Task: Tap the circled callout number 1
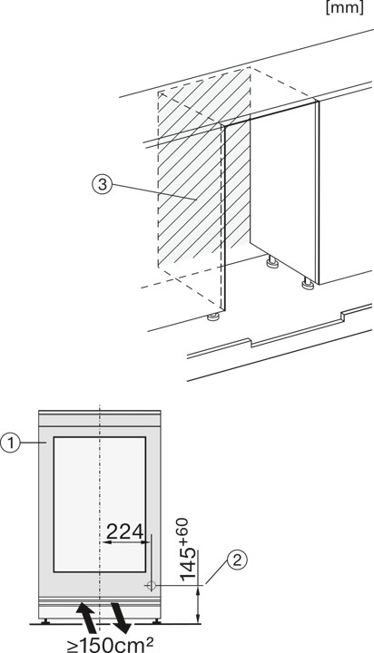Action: point(12,443)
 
